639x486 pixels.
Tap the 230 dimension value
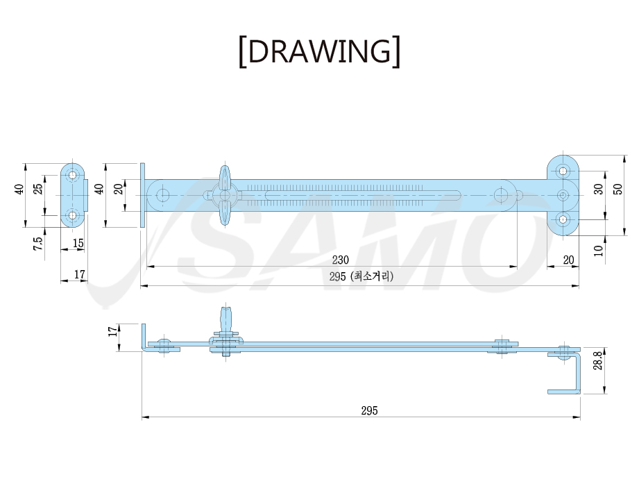pos(340,259)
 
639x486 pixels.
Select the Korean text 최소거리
pos(372,276)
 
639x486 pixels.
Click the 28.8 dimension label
pos(598,361)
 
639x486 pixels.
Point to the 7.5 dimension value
pos(37,244)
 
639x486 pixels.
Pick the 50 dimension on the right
pos(617,189)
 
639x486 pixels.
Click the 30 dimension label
pos(598,189)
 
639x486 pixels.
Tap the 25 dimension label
pos(37,189)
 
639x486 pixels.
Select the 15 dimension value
pos(78,243)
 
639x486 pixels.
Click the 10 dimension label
pos(598,251)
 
